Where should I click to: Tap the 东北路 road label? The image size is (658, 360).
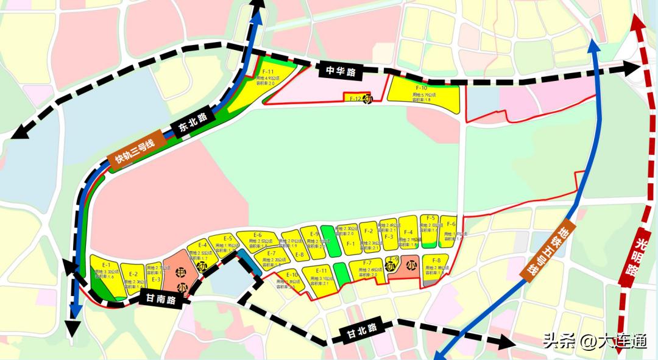coord(190,124)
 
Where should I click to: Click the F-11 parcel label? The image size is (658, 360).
coord(267,73)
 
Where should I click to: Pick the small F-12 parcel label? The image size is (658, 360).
coord(353,99)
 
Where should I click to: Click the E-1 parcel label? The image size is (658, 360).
coord(106,265)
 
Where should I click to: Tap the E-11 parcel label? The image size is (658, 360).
coord(322,270)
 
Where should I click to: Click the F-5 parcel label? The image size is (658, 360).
coord(430,217)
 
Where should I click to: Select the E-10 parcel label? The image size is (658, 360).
coord(292,275)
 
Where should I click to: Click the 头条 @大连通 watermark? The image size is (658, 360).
coord(595,341)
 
